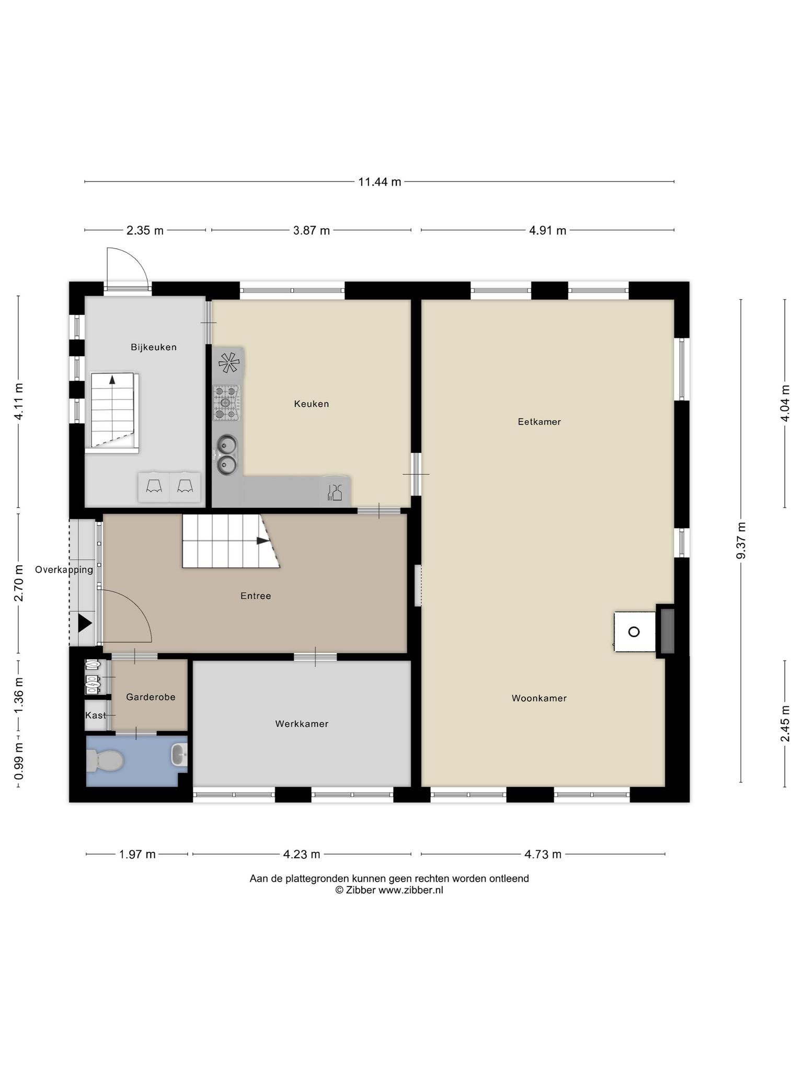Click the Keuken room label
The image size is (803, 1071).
pos(311,404)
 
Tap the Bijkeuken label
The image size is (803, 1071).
pos(154,347)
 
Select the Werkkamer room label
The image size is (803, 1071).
pos(302,724)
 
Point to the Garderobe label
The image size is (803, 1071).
pos(151,697)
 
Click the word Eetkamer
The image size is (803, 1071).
pos(539,421)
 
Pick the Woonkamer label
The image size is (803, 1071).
pos(539,698)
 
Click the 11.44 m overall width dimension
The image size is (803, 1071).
pos(380,182)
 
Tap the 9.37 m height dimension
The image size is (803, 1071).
pos(741,541)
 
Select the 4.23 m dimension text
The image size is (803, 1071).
pos(302,854)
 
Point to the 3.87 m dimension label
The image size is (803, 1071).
pos(312,230)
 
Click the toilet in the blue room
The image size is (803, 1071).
pos(105,760)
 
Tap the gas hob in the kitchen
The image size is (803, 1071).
pos(226,403)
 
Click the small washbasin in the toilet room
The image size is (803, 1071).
pos(179,754)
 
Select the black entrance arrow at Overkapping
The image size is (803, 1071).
pos(85,623)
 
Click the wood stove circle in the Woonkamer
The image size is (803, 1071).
pos(634,632)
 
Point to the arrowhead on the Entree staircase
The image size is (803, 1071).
pos(263,541)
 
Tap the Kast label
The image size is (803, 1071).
pos(96,715)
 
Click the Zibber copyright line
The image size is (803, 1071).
pos(389,890)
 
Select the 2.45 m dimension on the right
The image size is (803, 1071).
pos(785,723)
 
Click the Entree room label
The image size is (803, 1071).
pos(256,596)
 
